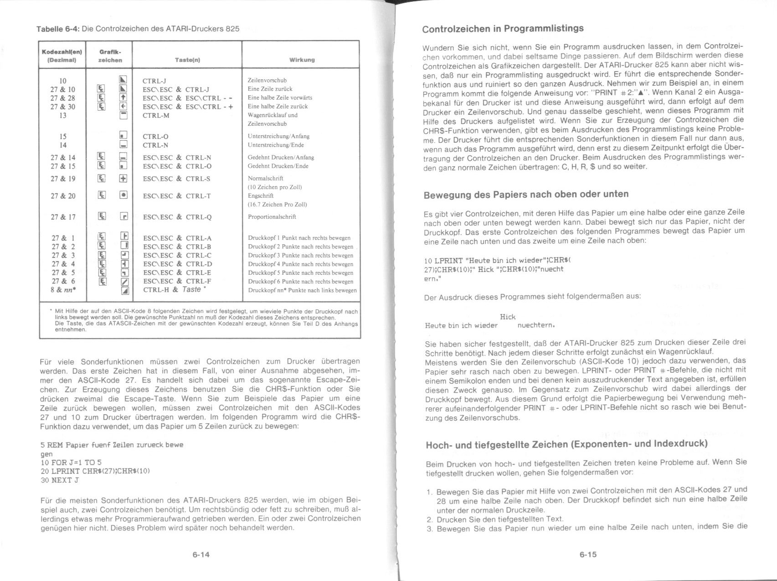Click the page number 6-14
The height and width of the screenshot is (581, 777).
[201, 555]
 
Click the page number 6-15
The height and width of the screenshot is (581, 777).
[588, 555]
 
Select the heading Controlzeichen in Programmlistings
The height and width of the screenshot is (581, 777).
[503, 29]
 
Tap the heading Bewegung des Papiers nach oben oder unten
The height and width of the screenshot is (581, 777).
[526, 195]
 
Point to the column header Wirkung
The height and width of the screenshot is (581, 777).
[302, 60]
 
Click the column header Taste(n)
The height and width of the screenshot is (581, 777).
[187, 60]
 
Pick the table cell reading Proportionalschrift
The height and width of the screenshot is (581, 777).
[272, 217]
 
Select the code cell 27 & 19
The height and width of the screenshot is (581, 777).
[63, 179]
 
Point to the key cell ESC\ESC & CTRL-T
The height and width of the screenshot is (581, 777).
[177, 196]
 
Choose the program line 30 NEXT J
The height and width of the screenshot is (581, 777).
[60, 480]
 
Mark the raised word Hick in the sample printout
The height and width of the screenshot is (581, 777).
[507, 317]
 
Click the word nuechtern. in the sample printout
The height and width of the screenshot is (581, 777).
[536, 326]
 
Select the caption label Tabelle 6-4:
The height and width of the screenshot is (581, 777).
[58, 29]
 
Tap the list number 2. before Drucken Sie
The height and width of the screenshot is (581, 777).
[430, 519]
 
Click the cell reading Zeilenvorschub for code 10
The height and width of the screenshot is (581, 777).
[267, 80]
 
